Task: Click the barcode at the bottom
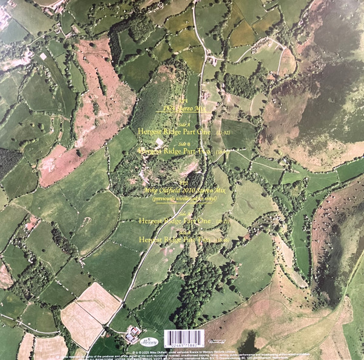pyautogui.click(x=181, y=335)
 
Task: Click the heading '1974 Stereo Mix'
pyautogui.click(x=181, y=109)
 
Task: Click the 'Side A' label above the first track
pyautogui.click(x=182, y=121)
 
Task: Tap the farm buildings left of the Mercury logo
pyautogui.click(x=132, y=333)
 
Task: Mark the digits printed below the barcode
pyautogui.click(x=181, y=344)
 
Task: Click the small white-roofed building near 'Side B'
pyautogui.click(x=159, y=142)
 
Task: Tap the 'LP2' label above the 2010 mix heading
pyautogui.click(x=181, y=181)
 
